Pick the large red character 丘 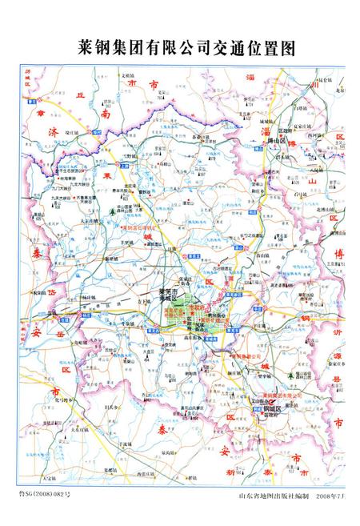[x=78, y=95]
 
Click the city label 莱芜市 [x=168, y=292]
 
